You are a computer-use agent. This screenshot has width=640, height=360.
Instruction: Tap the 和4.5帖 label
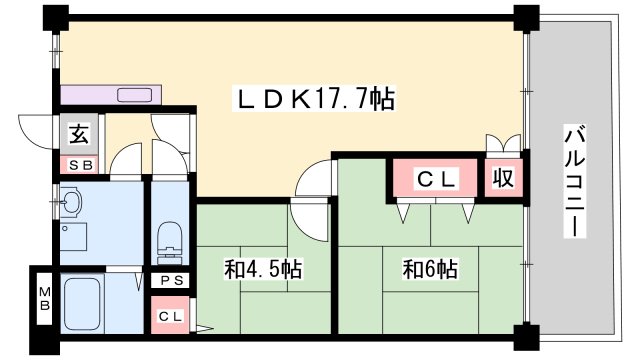point(264,269)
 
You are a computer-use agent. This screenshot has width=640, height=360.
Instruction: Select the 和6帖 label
point(430,269)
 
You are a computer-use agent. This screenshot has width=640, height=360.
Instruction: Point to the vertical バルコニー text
point(575,180)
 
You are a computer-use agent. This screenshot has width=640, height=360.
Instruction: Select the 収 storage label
point(502,179)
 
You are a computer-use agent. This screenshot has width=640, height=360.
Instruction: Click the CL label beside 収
point(436,179)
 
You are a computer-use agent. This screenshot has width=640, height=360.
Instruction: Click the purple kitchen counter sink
point(135,96)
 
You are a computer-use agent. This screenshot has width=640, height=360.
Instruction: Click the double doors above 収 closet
point(502,143)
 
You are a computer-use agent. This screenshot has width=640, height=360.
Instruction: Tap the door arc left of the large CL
point(313,181)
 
